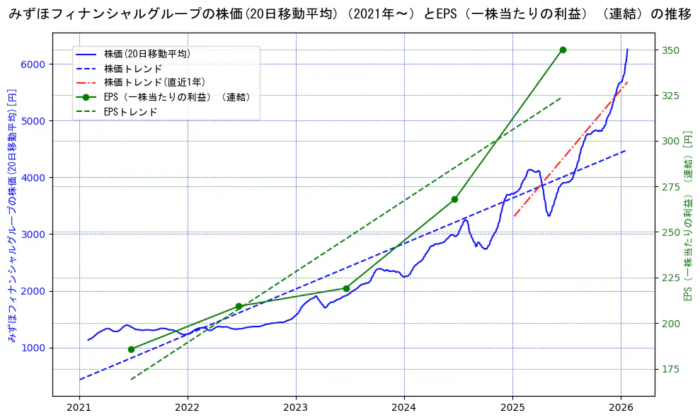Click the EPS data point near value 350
[x=563, y=50]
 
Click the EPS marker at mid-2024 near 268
[x=454, y=199]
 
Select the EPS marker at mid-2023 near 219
[x=346, y=288]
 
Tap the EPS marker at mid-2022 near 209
[x=239, y=306]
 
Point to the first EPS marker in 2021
[x=131, y=349]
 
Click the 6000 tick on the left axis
[x=36, y=64]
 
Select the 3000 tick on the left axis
[x=36, y=234]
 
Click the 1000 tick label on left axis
[x=36, y=348]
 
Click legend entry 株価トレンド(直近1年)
[x=155, y=82]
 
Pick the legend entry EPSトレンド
[x=130, y=112]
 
